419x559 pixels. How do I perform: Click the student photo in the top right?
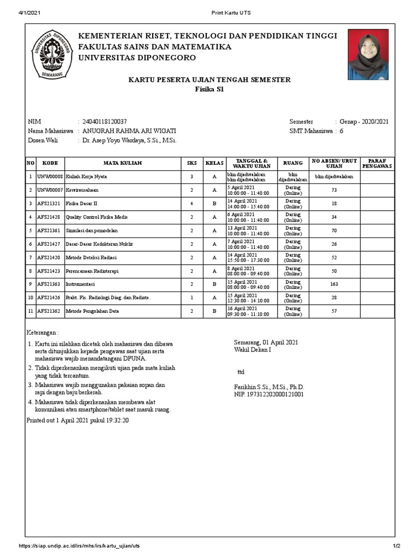(x=368, y=55)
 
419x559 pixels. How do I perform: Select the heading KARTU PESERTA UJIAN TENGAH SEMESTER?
(x=209, y=80)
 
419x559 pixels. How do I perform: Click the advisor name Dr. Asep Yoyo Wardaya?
(x=129, y=140)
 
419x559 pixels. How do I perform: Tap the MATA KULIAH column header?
(x=123, y=163)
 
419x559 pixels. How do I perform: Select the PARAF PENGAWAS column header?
(x=377, y=163)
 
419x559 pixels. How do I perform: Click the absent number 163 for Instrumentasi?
(x=334, y=284)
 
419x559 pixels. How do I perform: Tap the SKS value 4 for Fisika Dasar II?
(x=191, y=204)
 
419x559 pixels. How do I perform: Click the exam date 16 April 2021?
(x=241, y=308)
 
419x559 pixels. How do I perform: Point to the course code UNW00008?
(x=50, y=177)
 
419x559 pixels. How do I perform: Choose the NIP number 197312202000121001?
(x=269, y=394)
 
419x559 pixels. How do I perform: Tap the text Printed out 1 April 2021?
(x=78, y=420)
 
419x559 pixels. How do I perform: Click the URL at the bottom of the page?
(x=80, y=546)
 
